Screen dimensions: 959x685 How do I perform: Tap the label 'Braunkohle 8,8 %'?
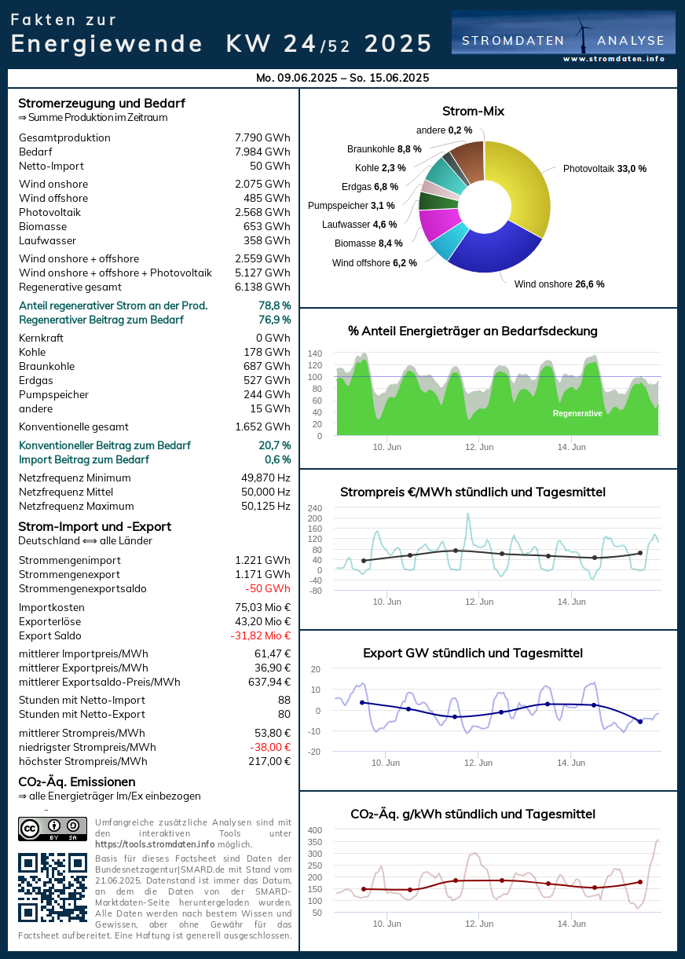pyautogui.click(x=384, y=148)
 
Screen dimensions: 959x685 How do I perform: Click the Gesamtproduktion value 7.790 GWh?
pyautogui.click(x=262, y=137)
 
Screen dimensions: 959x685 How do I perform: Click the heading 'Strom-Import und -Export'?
pyautogui.click(x=94, y=526)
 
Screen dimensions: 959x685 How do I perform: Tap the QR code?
pyautogui.click(x=53, y=887)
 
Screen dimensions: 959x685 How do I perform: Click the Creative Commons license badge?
pyautogui.click(x=53, y=829)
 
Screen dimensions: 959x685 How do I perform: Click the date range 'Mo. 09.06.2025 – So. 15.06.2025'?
pyautogui.click(x=342, y=78)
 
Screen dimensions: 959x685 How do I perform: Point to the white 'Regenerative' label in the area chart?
pyautogui.click(x=577, y=413)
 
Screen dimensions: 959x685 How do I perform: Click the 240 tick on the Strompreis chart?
pyautogui.click(x=315, y=507)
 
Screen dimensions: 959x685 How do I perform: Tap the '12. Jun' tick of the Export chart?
pyautogui.click(x=478, y=763)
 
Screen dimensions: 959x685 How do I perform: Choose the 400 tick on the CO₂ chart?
pyautogui.click(x=314, y=830)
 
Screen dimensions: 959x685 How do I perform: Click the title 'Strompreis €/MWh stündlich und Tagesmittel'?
pyautogui.click(x=473, y=492)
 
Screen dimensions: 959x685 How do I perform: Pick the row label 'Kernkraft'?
pyautogui.click(x=41, y=338)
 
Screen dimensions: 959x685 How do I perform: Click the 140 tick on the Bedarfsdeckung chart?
pyautogui.click(x=314, y=353)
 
